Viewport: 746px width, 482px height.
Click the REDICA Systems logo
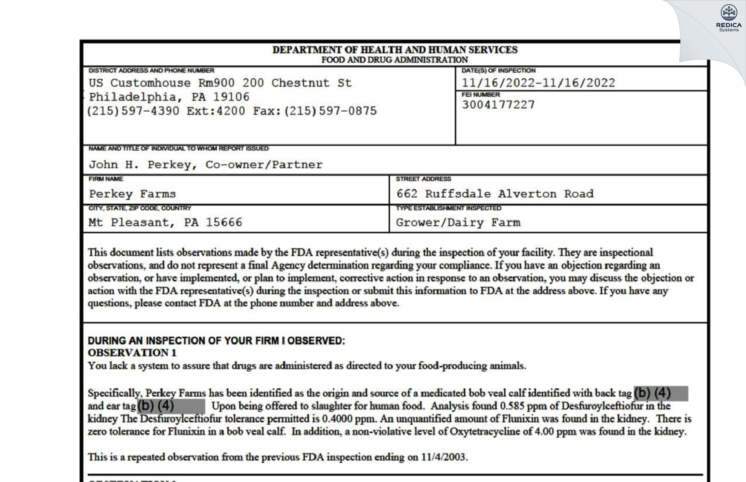pyautogui.click(x=729, y=18)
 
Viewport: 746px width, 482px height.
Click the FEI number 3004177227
pyautogui.click(x=498, y=105)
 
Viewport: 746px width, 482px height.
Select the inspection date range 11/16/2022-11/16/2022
pyautogui.click(x=538, y=83)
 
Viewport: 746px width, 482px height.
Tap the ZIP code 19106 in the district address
pyautogui.click(x=231, y=97)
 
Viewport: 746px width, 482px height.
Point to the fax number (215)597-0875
pyautogui.click(x=331, y=111)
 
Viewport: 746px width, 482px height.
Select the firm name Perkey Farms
pyautogui.click(x=132, y=194)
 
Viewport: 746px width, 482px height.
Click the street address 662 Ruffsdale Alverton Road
pyautogui.click(x=495, y=194)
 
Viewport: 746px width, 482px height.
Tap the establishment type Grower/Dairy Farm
pyautogui.click(x=458, y=222)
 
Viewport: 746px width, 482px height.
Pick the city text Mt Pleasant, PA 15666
pyautogui.click(x=165, y=222)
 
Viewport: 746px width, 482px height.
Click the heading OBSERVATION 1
pyautogui.click(x=132, y=353)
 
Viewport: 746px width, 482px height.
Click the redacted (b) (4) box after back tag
pyautogui.click(x=660, y=393)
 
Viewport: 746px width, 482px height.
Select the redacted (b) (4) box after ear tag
pyautogui.click(x=171, y=406)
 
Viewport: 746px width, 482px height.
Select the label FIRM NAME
pyautogui.click(x=106, y=179)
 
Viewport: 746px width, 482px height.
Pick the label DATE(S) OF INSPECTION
pyautogui.click(x=498, y=70)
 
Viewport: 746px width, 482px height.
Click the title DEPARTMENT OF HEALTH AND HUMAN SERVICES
pyautogui.click(x=395, y=50)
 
